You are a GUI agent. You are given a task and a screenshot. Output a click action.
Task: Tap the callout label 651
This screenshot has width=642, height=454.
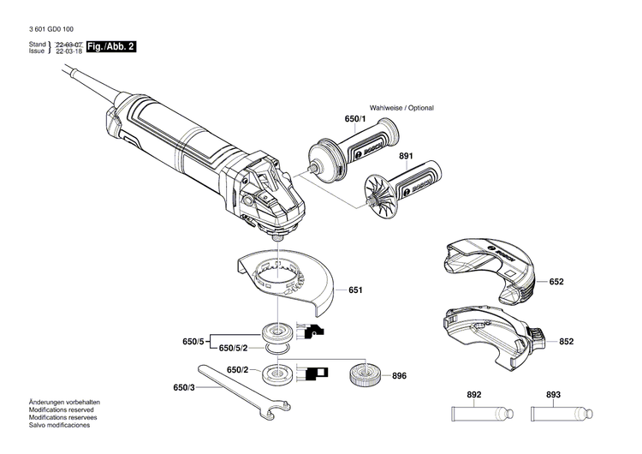pyautogui.click(x=355, y=290)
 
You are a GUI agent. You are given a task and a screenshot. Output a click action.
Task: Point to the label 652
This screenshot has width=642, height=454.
pyautogui.click(x=556, y=281)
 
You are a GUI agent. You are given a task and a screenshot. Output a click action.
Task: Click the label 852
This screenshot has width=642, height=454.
pyautogui.click(x=566, y=340)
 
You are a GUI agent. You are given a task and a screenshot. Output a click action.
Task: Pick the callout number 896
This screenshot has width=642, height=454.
pyautogui.click(x=399, y=376)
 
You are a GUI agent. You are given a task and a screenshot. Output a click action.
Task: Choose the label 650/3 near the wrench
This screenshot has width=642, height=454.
pyautogui.click(x=184, y=388)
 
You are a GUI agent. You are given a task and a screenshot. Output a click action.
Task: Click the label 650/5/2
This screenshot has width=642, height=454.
pyautogui.click(x=235, y=348)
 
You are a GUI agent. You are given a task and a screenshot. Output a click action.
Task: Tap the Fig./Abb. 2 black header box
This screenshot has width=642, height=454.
pyautogui.click(x=114, y=47)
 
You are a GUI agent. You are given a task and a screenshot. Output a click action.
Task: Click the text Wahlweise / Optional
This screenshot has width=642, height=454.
pyautogui.click(x=401, y=108)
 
